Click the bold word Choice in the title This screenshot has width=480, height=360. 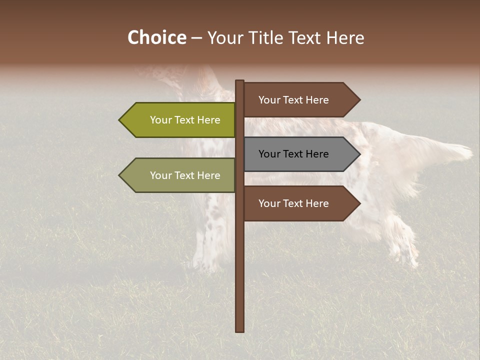click(156, 38)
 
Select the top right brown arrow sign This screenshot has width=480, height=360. click(300, 100)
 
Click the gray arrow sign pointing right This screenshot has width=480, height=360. click(300, 154)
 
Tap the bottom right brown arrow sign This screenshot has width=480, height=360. click(300, 203)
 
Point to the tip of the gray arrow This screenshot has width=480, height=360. click(359, 154)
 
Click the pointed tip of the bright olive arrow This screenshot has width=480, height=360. click(120, 120)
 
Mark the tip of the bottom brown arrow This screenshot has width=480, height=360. click(359, 203)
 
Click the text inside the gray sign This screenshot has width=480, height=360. click(293, 154)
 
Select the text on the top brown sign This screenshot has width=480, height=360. click(293, 100)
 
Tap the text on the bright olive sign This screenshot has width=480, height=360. click(185, 120)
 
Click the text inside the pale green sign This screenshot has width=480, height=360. click(185, 175)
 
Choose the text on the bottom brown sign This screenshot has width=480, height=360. click(293, 203)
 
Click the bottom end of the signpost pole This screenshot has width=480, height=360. click(240, 330)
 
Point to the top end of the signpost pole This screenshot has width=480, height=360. click(240, 81)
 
